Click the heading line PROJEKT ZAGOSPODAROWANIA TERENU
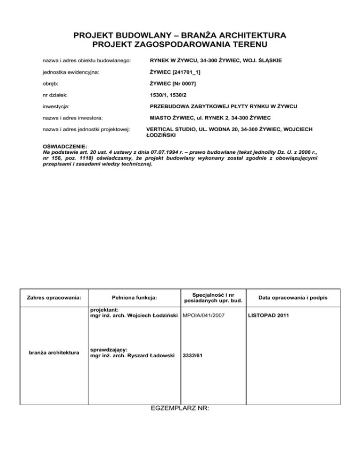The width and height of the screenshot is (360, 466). click(180, 45)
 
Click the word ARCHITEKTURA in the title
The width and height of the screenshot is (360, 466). click(249, 35)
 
